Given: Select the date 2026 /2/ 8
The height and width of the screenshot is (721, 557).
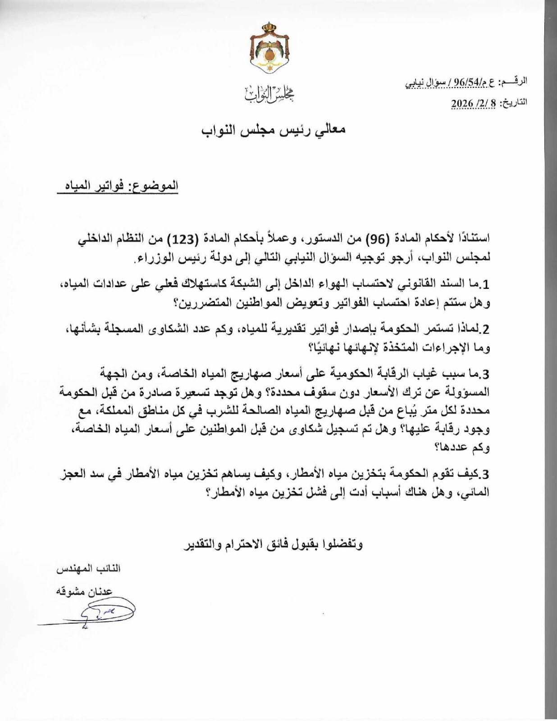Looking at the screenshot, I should (x=473, y=103).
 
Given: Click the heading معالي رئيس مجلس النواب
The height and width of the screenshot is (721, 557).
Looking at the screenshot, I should (x=273, y=130).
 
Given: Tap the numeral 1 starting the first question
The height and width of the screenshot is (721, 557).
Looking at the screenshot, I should (x=486, y=285).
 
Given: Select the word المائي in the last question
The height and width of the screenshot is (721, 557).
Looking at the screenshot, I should (x=477, y=492).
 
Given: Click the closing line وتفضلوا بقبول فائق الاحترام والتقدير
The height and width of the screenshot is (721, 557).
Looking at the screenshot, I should (x=274, y=544).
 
